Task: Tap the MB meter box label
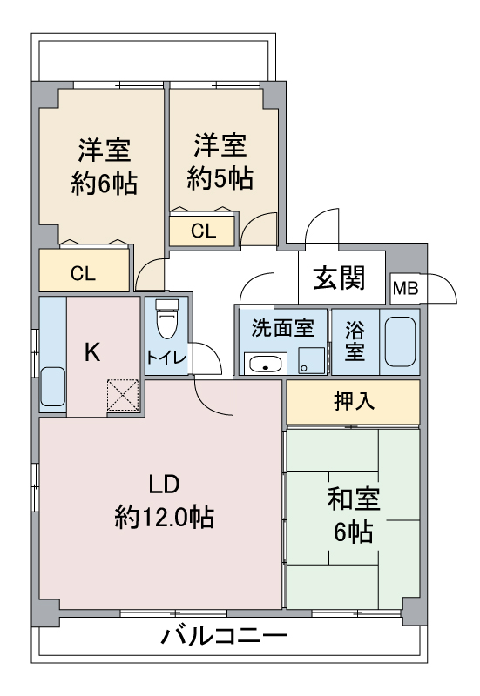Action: [x=403, y=288]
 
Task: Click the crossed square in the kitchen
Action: [x=123, y=396]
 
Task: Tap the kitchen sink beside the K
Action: [x=53, y=386]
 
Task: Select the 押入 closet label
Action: [x=354, y=401]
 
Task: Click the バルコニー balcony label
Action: [x=224, y=638]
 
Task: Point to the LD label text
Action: [x=164, y=484]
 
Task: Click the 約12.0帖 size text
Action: [x=165, y=519]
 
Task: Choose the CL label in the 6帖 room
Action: [x=83, y=273]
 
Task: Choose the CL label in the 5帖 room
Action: [x=203, y=231]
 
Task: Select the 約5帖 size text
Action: [x=220, y=178]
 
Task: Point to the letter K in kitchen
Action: [x=93, y=351]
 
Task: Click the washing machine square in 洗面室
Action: [x=310, y=359]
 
